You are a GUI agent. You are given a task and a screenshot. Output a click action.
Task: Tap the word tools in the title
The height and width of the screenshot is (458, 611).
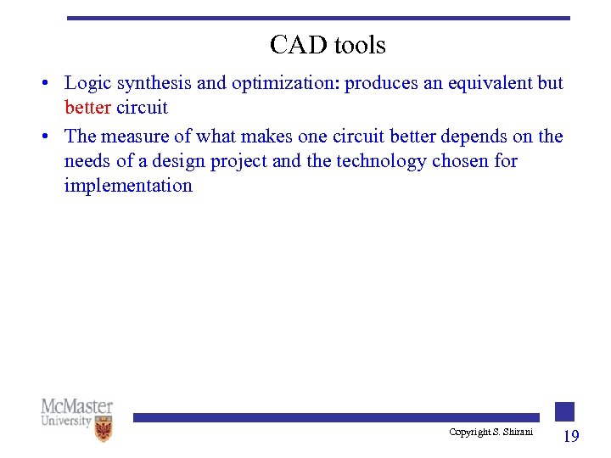click(357, 45)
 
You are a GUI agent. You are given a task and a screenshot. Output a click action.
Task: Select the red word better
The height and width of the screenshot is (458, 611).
click(87, 108)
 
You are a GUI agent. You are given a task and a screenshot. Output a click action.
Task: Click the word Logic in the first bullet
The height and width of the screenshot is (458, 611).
click(87, 83)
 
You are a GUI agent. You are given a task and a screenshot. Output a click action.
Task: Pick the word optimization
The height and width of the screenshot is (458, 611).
click(288, 83)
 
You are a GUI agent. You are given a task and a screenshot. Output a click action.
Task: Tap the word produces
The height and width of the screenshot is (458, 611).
click(378, 83)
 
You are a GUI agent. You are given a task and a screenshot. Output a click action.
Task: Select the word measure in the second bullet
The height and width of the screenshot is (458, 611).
click(136, 137)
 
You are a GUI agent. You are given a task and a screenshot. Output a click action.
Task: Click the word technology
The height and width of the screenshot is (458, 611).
click(380, 161)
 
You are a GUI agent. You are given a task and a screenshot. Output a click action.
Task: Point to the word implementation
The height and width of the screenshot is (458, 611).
click(128, 186)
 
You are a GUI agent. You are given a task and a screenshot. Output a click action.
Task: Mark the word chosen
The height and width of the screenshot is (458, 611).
click(462, 161)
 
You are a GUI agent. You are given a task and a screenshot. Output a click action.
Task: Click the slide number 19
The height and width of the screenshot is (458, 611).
click(571, 436)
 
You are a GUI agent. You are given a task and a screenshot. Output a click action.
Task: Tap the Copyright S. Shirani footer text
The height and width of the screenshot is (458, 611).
click(491, 433)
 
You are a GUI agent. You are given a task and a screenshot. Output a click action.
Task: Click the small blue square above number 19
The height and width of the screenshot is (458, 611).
click(565, 411)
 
